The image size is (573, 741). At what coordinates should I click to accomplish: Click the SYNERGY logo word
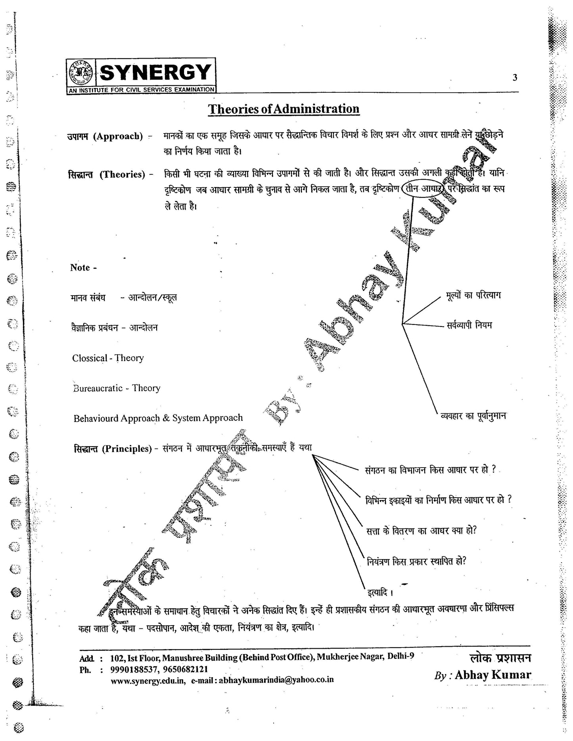pyautogui.click(x=155, y=73)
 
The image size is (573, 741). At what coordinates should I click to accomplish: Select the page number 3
pyautogui.click(x=515, y=78)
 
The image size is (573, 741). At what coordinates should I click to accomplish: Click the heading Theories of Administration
pyautogui.click(x=284, y=109)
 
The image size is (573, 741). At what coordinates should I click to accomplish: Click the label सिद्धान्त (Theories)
pyautogui.click(x=107, y=174)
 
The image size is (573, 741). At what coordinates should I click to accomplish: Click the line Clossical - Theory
pyautogui.click(x=108, y=358)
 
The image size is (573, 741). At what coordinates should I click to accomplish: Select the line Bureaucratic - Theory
pyautogui.click(x=117, y=388)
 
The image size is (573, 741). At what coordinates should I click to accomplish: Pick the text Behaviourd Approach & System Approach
pyautogui.click(x=158, y=418)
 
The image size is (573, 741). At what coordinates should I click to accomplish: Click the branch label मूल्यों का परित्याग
pyautogui.click(x=473, y=296)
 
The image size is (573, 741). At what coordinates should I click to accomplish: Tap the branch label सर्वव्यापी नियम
pyautogui.click(x=469, y=325)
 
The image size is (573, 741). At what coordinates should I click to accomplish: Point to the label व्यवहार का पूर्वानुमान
pyautogui.click(x=473, y=416)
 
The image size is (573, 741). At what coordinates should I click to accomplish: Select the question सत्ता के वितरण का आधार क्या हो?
pyautogui.click(x=421, y=530)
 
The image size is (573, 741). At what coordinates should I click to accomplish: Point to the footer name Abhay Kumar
pyautogui.click(x=493, y=675)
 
